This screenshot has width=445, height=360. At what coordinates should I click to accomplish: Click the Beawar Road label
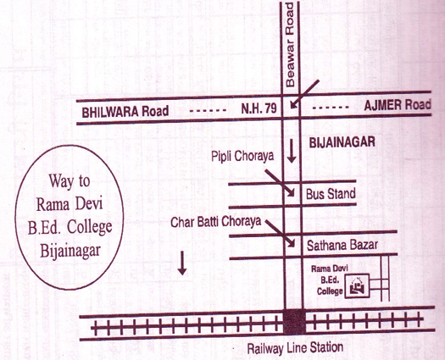coord(290,45)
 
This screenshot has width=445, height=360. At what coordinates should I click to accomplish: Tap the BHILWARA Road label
coord(125,111)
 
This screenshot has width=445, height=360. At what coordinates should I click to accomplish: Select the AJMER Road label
coord(398,105)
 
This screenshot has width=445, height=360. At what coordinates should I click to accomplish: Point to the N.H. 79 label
coord(259,108)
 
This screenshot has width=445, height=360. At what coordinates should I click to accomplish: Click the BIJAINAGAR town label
coord(342,142)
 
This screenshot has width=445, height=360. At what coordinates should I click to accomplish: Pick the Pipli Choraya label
coord(242,157)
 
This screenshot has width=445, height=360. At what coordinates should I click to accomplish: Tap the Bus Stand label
coord(331,194)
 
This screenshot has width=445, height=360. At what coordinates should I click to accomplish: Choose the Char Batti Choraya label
coord(215,222)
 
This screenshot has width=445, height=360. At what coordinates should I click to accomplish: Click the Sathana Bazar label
coord(342,246)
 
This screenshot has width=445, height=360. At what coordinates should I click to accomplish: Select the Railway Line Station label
coord(295,348)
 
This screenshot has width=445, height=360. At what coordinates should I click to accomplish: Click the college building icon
coord(357,286)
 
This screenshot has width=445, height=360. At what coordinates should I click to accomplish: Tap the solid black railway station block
coord(294,321)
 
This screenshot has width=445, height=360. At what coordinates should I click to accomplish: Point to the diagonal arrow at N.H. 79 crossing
coord(305,94)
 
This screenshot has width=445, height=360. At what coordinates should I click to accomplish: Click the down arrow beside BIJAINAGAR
coord(292,152)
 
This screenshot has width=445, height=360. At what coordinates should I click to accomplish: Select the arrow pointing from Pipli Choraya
coord(280,183)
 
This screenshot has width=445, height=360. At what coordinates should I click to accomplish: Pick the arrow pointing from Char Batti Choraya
coord(280,234)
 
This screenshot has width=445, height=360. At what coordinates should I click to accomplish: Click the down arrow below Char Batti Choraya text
coord(182,263)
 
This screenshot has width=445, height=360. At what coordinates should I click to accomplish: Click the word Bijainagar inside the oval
coord(70,251)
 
